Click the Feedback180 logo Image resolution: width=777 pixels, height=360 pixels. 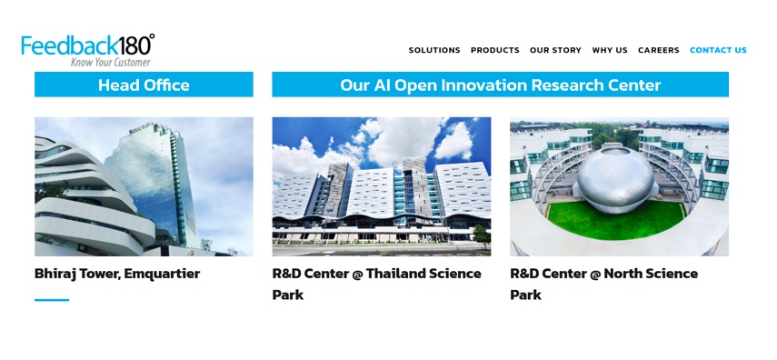(87, 45)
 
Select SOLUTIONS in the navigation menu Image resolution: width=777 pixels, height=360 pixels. (434, 51)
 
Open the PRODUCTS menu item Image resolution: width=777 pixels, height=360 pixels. (495, 51)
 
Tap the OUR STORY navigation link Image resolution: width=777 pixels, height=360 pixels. (555, 51)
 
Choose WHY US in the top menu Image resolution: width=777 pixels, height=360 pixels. (610, 51)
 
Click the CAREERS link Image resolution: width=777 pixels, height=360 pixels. (658, 51)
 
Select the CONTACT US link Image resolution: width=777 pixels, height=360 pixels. (718, 51)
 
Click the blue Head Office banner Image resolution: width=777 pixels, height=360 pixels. (144, 85)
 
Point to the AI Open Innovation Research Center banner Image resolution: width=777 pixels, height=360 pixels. (500, 85)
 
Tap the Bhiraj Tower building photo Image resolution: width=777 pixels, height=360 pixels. (144, 186)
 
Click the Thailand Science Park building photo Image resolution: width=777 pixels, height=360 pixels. (382, 186)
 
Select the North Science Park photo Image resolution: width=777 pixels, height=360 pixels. (619, 186)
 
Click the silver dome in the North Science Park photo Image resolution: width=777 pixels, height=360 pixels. (618, 177)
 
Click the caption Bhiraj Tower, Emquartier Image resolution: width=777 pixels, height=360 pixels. (117, 274)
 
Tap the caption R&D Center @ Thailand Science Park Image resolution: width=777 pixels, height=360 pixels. (377, 284)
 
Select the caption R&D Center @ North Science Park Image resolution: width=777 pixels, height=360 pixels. (603, 284)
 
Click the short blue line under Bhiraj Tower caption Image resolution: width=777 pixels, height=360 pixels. (52, 300)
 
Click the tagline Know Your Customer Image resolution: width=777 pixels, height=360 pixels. (111, 63)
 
